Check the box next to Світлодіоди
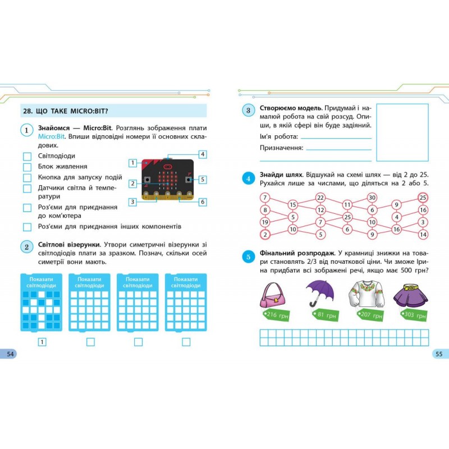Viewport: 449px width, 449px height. click(27, 157)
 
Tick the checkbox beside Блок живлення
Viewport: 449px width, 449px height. click(27, 167)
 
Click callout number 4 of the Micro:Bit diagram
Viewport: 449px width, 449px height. click(203, 154)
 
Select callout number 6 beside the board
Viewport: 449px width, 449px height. click(203, 202)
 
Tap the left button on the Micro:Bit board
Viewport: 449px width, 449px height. click(147, 180)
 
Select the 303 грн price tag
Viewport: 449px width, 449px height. click(414, 315)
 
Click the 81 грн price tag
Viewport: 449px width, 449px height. click(326, 315)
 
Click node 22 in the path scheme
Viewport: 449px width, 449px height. click(320, 198)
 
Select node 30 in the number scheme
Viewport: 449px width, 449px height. click(372, 198)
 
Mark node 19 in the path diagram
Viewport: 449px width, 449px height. click(265, 222)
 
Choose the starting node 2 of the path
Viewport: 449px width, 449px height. click(265, 235)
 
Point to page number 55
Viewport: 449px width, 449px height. click(439, 354)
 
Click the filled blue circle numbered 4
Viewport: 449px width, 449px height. click(248, 178)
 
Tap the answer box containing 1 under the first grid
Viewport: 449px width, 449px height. click(42, 342)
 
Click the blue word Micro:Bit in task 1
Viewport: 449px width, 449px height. click(51, 136)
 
